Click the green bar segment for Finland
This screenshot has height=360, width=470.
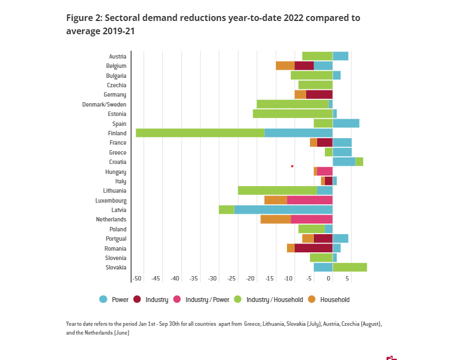click(x=200, y=133)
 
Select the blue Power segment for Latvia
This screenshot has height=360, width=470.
click(x=283, y=210)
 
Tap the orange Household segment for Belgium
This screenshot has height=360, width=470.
click(x=285, y=66)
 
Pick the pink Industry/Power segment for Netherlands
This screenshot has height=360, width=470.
click(x=311, y=219)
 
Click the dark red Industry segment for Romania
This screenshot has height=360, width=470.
click(x=313, y=248)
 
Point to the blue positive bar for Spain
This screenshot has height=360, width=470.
click(x=346, y=123)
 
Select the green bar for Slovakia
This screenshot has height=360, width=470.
click(x=350, y=267)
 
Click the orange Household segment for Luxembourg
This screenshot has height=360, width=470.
click(x=275, y=200)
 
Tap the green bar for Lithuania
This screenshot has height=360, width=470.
click(x=277, y=190)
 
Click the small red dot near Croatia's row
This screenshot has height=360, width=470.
click(x=292, y=166)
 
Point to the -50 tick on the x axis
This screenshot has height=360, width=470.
click(x=137, y=279)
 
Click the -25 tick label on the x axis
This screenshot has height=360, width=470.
click(x=232, y=279)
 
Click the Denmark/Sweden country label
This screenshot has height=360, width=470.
click(x=104, y=104)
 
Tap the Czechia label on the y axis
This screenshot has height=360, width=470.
click(x=116, y=85)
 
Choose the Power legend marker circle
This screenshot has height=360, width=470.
click(x=103, y=299)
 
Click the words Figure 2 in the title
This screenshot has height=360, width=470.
click(x=83, y=18)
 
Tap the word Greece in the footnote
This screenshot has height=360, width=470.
click(x=256, y=324)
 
